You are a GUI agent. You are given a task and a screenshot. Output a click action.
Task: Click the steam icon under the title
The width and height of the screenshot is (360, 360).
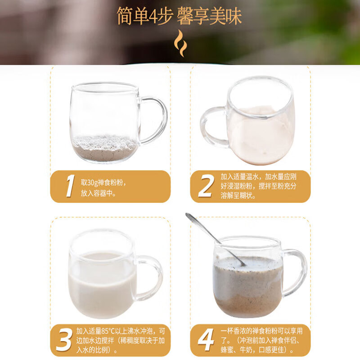tap(180, 43)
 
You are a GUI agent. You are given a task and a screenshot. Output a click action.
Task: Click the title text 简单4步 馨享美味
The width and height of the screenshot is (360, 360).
tap(180, 16)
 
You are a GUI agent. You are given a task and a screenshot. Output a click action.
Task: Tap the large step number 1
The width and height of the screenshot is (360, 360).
tap(69, 186)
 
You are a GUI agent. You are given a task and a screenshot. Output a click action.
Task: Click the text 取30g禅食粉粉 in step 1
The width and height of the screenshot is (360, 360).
tap(103, 183)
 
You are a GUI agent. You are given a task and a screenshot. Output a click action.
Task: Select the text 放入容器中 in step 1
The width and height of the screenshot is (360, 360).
tap(98, 193)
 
